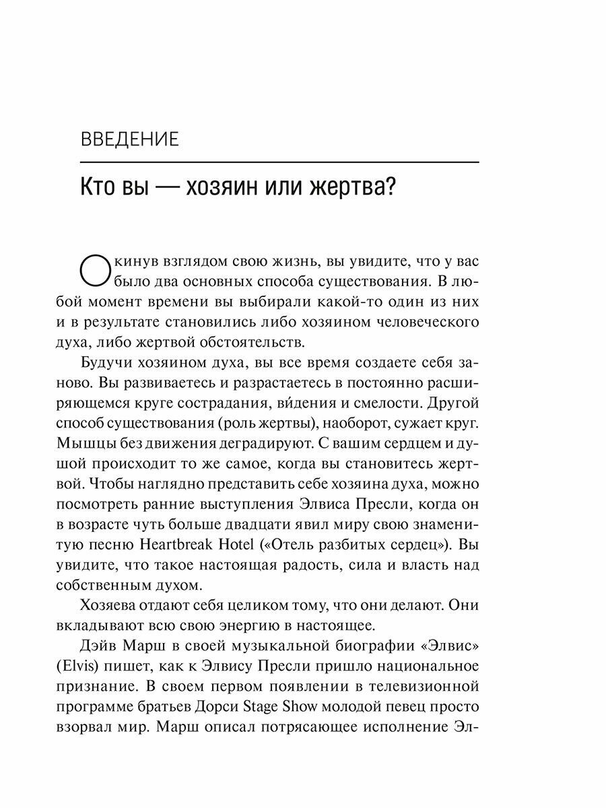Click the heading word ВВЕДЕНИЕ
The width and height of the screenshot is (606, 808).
click(129, 140)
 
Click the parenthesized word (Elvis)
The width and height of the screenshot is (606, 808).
click(100, 667)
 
